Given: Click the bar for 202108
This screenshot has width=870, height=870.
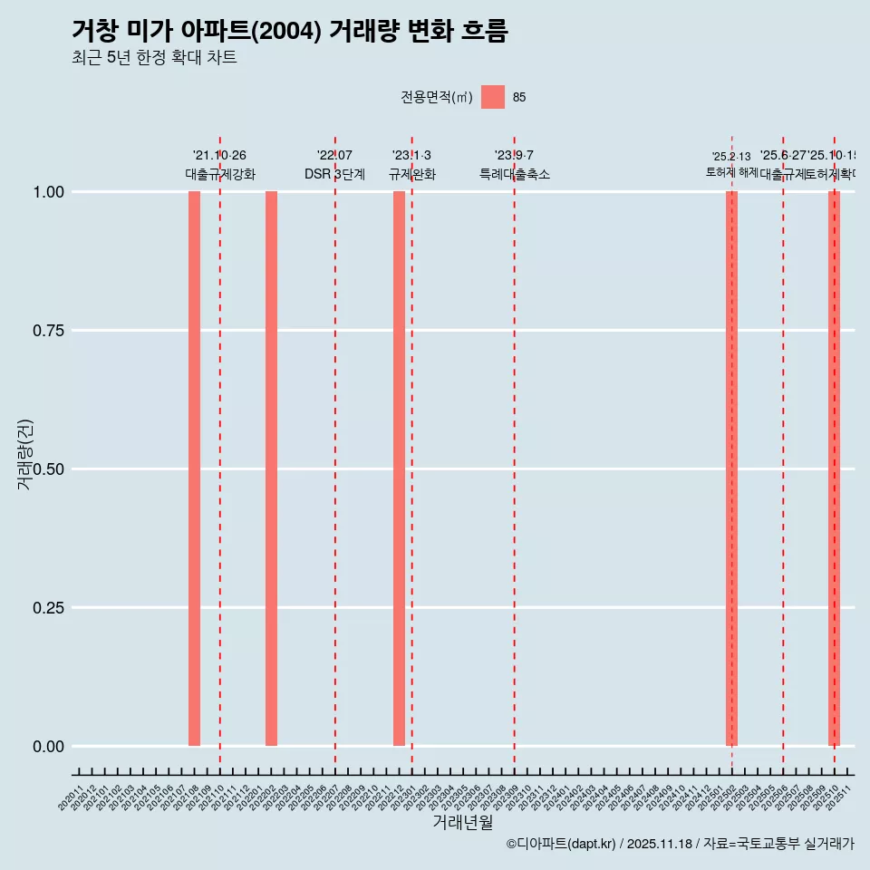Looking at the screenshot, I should tap(194, 469).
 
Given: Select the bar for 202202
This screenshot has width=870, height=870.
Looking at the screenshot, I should tap(271, 469).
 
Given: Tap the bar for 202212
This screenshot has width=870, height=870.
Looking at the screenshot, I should tap(399, 469).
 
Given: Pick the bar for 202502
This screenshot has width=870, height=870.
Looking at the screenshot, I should tap(731, 469).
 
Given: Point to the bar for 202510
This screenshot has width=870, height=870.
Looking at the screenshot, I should tap(834, 469).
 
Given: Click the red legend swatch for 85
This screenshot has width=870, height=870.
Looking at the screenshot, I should tap(492, 97).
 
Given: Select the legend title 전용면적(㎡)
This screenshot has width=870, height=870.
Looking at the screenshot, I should tap(436, 98).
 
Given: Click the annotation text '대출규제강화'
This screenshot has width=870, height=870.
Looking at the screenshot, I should tap(220, 174).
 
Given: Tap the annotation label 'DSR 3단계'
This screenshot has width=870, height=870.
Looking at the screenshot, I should tap(334, 174).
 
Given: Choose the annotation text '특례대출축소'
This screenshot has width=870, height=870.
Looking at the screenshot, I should tap(515, 174).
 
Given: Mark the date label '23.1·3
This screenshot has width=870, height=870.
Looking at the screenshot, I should tap(411, 156).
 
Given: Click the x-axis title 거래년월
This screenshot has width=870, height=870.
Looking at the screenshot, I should tap(463, 823).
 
